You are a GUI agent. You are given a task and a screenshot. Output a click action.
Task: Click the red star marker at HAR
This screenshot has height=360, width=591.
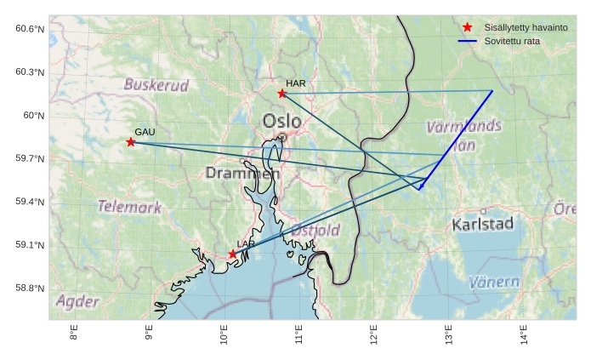point(281,93)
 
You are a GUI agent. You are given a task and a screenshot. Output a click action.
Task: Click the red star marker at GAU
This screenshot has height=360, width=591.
point(130,142)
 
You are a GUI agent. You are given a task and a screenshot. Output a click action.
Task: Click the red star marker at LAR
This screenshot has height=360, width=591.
point(232,254)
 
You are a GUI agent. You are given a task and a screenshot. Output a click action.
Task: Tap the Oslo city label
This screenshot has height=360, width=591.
point(281,121)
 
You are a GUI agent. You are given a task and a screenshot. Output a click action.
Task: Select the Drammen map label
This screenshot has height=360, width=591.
point(242,174)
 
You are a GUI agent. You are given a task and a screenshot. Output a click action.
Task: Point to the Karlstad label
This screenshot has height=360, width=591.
point(483,225)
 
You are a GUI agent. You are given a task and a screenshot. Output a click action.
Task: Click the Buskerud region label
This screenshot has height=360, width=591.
point(156,85)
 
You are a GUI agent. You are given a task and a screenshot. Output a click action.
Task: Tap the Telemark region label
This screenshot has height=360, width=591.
point(129,207)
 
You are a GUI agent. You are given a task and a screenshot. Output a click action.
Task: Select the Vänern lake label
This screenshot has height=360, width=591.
point(494,282)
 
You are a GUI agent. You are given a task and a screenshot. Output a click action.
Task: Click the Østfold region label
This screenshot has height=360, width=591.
point(315,231)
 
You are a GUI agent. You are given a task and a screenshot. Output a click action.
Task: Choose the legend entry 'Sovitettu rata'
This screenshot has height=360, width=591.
point(512,41)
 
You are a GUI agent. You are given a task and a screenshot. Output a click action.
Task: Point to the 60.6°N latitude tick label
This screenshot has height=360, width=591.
point(29,29)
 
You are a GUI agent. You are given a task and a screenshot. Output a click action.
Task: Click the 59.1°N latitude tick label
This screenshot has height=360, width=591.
point(29,245)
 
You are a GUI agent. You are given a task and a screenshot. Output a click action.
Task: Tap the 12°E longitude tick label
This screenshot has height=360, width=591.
point(374,335)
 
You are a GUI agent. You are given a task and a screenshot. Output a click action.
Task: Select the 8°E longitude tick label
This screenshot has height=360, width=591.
point(74,335)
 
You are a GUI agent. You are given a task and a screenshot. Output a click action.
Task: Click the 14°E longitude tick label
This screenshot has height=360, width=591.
point(524,335)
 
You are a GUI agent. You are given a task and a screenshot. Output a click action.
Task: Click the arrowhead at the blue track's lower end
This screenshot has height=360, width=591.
point(420,189)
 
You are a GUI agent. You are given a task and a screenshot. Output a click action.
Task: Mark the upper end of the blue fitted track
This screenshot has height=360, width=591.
point(492,91)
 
